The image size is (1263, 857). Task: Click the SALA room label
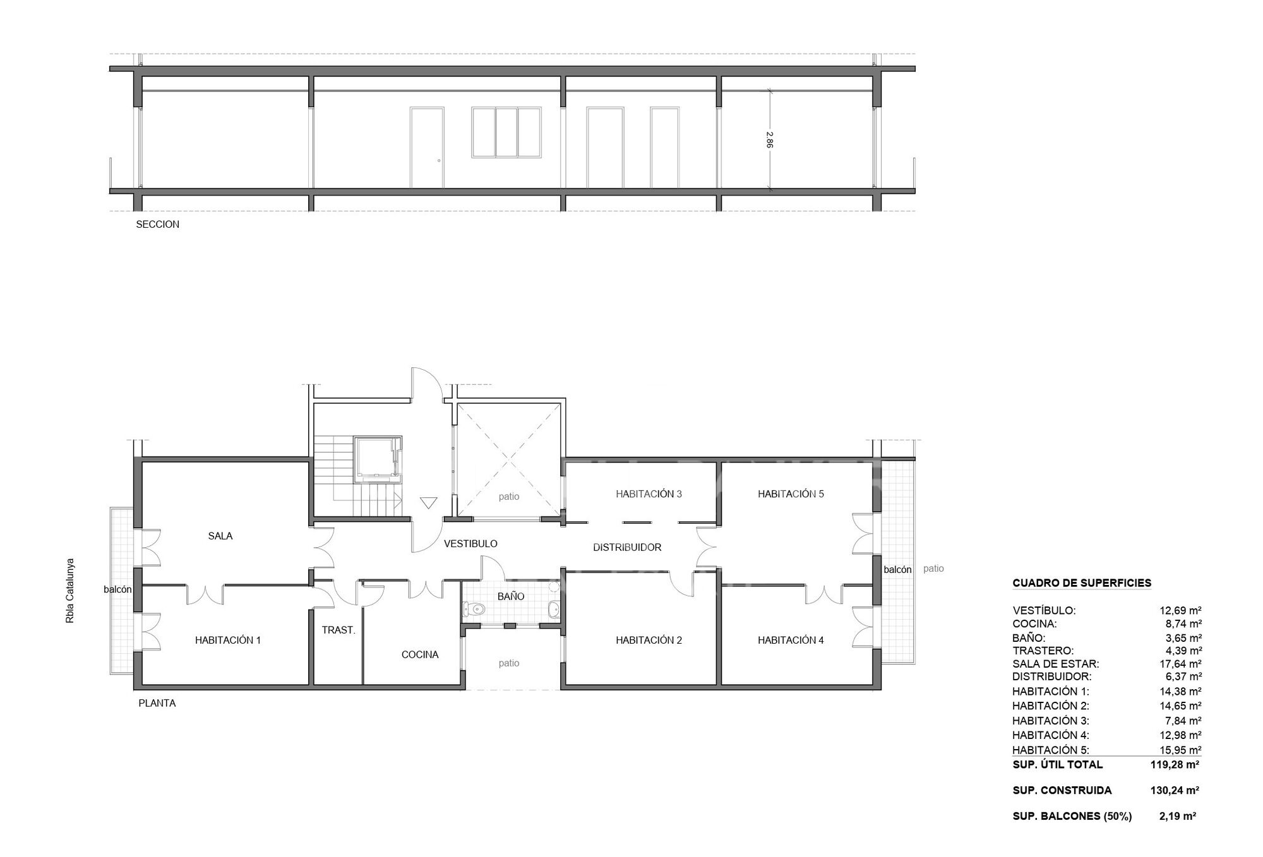(x=220, y=536)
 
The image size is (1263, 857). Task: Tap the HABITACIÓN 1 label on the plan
(x=228, y=641)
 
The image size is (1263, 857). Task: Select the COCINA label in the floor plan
(x=420, y=655)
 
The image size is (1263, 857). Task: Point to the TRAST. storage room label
(x=338, y=630)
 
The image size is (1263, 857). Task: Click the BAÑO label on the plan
(x=511, y=596)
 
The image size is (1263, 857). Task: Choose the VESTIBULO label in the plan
(x=470, y=544)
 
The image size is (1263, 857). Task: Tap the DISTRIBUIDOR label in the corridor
(x=627, y=548)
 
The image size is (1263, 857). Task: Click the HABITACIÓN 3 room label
(x=649, y=494)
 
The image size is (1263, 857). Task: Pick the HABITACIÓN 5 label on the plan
(x=791, y=494)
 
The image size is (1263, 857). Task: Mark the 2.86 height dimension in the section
(x=769, y=139)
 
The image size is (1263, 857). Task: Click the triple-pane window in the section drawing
(x=506, y=132)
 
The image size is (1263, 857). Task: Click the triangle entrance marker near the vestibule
(x=429, y=503)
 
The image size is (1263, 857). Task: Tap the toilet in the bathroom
(x=474, y=610)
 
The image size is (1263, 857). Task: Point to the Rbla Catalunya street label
(x=70, y=591)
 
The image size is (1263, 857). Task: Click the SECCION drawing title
(x=157, y=225)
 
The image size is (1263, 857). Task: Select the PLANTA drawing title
(x=157, y=704)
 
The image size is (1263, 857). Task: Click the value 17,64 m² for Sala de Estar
(x=1180, y=664)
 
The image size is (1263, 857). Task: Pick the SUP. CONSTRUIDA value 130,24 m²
(x=1175, y=791)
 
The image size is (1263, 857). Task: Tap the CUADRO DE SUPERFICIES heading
(x=1082, y=584)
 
